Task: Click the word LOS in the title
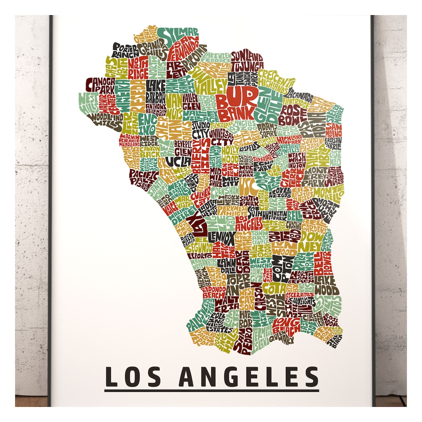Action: [x=127, y=376]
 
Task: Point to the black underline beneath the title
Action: [x=211, y=390]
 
